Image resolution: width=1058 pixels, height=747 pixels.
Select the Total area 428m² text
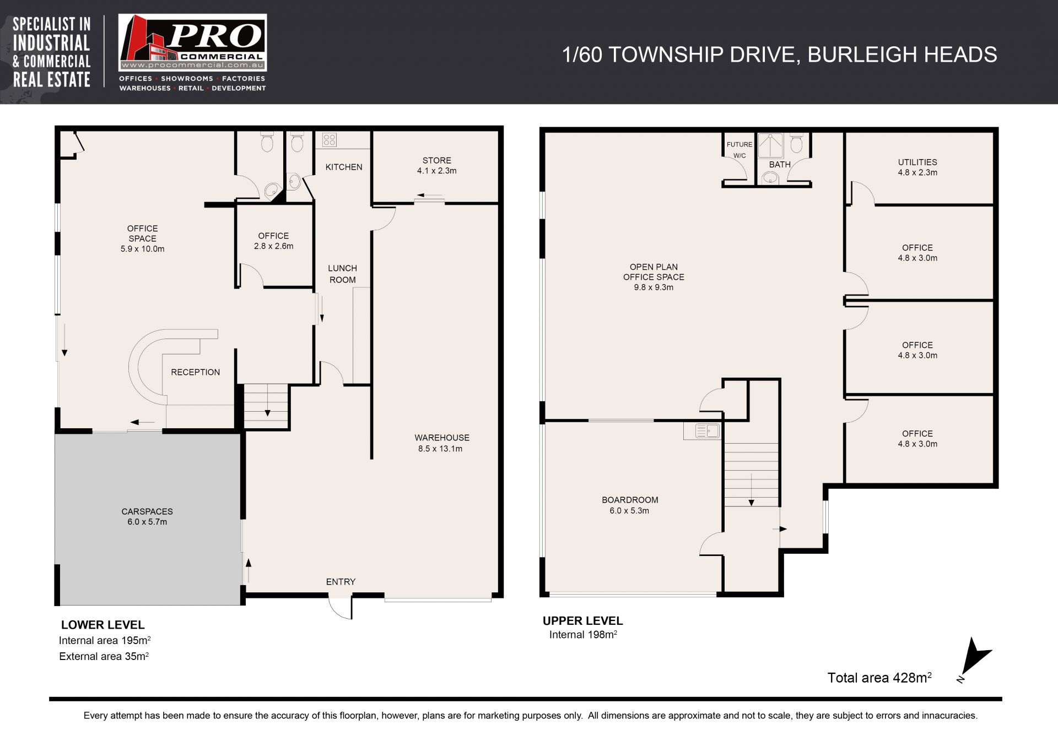879,677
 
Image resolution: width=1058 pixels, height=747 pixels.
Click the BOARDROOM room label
630,500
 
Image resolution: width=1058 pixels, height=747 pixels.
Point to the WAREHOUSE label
442,438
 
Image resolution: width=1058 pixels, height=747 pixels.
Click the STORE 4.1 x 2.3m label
437,165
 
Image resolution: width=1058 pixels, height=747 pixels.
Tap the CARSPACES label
147,511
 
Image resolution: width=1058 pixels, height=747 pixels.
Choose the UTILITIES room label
917,162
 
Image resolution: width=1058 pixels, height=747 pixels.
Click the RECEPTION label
195,372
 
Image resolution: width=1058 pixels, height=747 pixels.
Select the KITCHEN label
344,167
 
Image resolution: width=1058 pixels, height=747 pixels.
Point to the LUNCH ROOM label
343,274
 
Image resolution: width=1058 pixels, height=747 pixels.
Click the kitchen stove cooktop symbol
329,140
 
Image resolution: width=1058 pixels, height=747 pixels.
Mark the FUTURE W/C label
739,150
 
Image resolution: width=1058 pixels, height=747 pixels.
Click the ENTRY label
341,581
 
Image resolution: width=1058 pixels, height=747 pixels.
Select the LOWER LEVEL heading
103,625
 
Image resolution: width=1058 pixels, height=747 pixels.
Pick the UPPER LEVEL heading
583,620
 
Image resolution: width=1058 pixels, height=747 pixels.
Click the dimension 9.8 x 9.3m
654,287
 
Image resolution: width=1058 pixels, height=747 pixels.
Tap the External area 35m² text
104,656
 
